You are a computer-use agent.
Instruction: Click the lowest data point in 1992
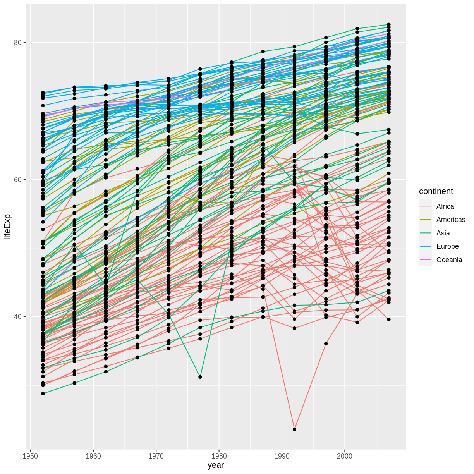[294, 429]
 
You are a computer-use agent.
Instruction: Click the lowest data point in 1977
[200, 377]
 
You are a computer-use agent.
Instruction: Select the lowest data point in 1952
[43, 393]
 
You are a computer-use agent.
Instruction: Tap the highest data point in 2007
[389, 24]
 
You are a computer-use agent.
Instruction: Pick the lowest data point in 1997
[326, 343]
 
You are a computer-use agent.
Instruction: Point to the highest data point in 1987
[263, 51]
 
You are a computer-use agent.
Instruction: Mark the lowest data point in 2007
[389, 319]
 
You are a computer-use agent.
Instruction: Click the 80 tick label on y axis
[17, 43]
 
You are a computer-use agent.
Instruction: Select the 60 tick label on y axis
[17, 180]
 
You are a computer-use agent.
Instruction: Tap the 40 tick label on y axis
[17, 317]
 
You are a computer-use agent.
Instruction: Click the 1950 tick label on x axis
[30, 456]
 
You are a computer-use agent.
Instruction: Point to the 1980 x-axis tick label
[219, 456]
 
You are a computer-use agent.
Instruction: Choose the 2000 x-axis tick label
[345, 456]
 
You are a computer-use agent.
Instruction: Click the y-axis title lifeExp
[7, 227]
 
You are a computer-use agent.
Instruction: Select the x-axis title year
[216, 465]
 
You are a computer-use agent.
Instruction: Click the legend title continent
[436, 191]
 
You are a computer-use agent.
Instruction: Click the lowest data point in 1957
[74, 383]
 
